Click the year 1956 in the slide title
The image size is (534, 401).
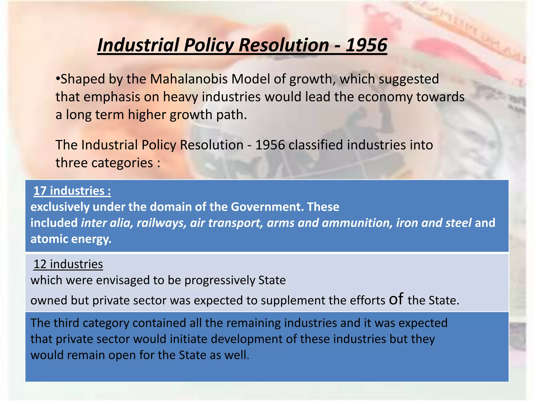tap(366, 45)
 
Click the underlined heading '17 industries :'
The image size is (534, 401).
tap(72, 191)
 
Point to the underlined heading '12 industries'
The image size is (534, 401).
tap(68, 264)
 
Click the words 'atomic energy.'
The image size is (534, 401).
tap(71, 239)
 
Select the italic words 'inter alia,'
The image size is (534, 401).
tap(107, 223)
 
